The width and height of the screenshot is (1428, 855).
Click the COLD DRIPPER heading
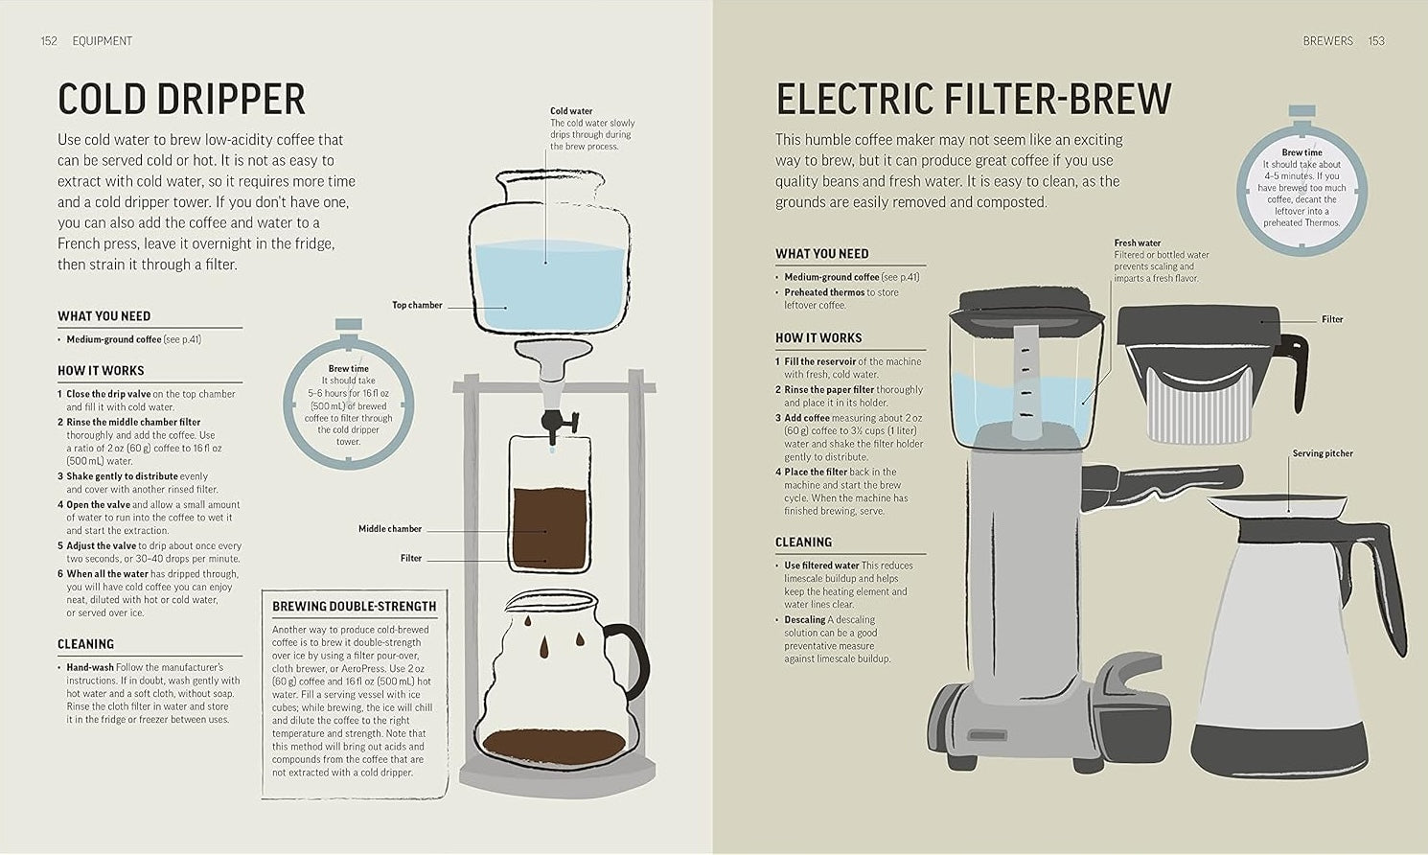pos(181,100)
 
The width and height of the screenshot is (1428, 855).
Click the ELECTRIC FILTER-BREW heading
pos(974,100)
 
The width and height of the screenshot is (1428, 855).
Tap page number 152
pos(49,41)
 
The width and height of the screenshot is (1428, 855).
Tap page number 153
pos(1376,41)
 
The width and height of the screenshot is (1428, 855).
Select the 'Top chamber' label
pos(417,306)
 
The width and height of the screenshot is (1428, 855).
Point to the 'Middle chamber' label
pos(390,529)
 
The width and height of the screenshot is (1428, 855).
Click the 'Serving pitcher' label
pos(1323,453)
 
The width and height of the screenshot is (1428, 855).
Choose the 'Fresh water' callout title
pos(1137,243)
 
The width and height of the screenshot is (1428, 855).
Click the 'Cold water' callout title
pos(571,111)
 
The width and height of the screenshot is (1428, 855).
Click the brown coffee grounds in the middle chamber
pos(549,527)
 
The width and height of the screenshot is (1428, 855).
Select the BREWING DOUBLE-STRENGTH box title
pos(354,607)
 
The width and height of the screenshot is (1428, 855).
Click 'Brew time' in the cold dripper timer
pos(348,368)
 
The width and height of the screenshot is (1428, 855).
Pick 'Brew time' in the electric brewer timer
pos(1301,152)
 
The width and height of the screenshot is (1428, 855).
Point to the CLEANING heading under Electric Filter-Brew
pos(803,543)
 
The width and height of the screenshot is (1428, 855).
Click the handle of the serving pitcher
pos(1385,575)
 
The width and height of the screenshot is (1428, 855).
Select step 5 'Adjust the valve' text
pos(101,546)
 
